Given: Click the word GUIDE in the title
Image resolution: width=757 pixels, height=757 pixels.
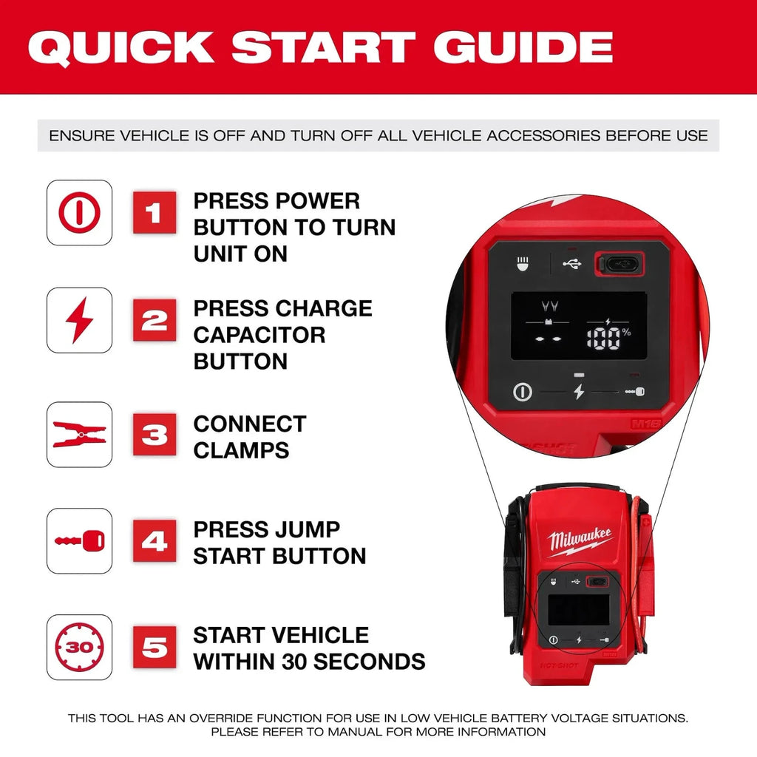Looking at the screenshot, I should point(523,47).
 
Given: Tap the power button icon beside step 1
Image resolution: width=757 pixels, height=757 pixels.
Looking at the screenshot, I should point(80,213).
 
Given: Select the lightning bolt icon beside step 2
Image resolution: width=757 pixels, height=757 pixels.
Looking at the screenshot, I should point(80,319).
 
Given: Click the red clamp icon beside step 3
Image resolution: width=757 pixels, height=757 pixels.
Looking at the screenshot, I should point(80,435).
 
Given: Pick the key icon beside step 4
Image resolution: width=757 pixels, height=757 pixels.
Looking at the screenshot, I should point(80,541).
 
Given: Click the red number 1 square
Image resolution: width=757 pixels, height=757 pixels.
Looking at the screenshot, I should point(155,213).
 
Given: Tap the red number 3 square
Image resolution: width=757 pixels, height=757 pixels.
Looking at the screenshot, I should point(155,435).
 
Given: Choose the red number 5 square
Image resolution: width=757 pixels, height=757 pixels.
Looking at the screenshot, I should point(155,648).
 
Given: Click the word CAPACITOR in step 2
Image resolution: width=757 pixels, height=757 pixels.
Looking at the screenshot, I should point(259,335).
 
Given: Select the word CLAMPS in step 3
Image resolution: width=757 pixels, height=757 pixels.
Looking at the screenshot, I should point(241,450).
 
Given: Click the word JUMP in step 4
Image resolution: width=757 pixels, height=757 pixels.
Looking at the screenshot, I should point(308,529).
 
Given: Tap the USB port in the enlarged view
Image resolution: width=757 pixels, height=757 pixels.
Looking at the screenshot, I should point(620,262).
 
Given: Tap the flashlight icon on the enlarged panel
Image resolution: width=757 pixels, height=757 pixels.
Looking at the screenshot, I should point(522,263).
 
